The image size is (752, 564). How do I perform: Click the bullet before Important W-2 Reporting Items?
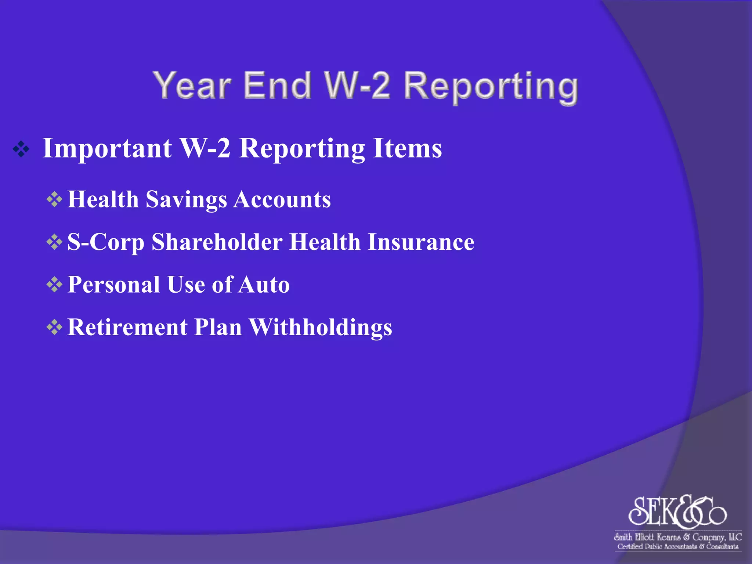[21, 149]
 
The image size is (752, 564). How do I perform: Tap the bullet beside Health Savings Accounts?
[54, 200]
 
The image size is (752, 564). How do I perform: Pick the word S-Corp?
[106, 243]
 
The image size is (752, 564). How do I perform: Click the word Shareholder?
[217, 242]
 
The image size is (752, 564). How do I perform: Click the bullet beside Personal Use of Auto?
[54, 285]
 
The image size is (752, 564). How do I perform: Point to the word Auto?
[263, 285]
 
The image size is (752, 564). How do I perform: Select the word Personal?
[114, 285]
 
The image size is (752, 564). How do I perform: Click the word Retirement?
[127, 327]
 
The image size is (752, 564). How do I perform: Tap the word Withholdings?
[321, 327]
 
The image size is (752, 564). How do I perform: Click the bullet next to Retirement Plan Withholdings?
[54, 328]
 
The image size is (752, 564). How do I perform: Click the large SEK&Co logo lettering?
[677, 511]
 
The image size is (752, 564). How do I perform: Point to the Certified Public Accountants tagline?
[678, 546]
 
